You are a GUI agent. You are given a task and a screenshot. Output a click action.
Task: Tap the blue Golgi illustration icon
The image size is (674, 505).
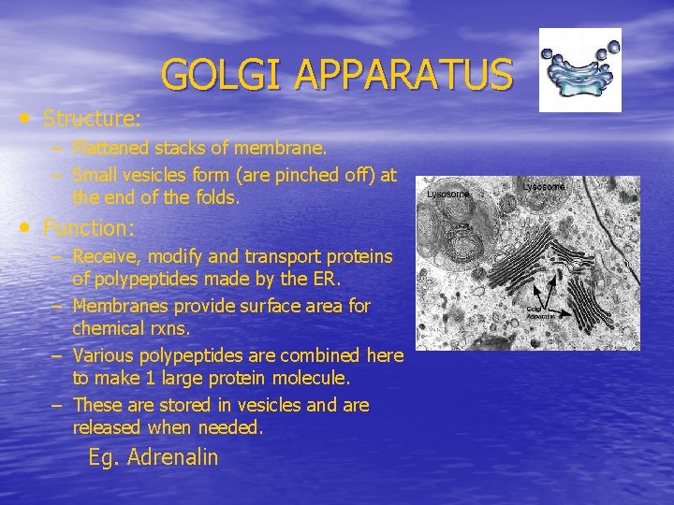pos(579,69)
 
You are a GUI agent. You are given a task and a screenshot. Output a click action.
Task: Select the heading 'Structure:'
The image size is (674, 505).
pos(93,119)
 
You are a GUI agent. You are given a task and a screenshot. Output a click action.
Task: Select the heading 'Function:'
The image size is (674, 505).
pos(90,227)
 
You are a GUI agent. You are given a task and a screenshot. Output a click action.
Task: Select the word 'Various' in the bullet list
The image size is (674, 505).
pos(103,355)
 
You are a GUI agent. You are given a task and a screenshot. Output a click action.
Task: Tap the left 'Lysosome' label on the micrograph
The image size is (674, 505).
pos(447,195)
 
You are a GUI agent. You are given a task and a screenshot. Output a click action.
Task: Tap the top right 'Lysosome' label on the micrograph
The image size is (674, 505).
pos(544,187)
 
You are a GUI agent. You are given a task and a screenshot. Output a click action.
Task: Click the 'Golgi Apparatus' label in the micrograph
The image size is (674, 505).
pos(541,313)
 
